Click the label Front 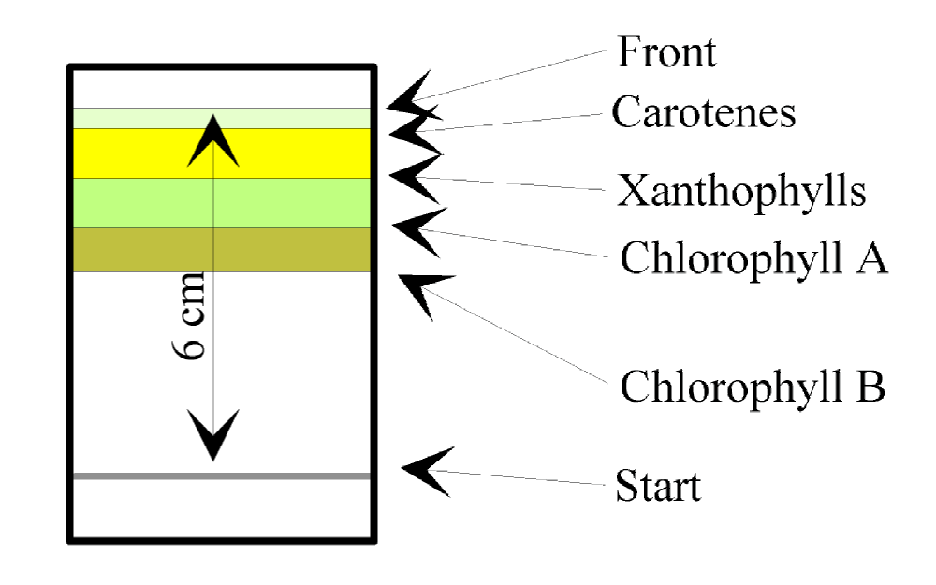coord(666,51)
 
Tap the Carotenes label coord(704,113)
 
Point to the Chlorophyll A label coord(753,257)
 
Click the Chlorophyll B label coord(752,386)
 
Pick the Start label coord(659,487)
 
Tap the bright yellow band coord(140,153)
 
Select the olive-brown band coord(140,249)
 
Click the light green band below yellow coord(140,202)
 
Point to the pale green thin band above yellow coord(140,118)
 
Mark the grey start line coord(140,476)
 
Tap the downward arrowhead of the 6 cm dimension coord(214,435)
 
